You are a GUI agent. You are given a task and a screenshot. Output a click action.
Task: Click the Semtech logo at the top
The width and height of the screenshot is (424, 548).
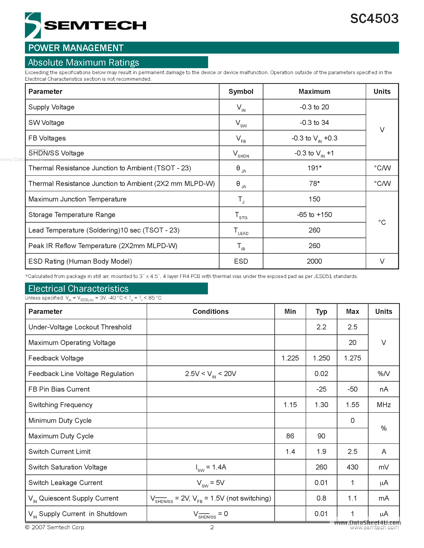[x=85, y=25]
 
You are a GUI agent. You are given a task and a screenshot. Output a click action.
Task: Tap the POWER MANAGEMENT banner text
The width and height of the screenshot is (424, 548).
[x=76, y=48]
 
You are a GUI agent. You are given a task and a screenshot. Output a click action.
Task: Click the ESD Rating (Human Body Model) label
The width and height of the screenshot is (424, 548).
[x=80, y=261]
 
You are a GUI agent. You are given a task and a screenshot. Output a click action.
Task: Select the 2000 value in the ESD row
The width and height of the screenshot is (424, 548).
[x=314, y=261]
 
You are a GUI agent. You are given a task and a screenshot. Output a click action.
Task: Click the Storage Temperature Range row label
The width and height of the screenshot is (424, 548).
[x=72, y=215]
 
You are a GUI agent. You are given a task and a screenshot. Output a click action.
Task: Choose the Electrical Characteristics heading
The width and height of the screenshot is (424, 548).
[x=78, y=289]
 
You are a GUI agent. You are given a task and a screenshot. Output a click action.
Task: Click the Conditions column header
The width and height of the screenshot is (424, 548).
[x=211, y=312]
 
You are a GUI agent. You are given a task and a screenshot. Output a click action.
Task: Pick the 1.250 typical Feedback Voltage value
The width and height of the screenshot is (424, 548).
[x=321, y=358]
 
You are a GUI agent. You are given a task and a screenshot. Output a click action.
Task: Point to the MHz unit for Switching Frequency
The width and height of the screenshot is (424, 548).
[x=383, y=405]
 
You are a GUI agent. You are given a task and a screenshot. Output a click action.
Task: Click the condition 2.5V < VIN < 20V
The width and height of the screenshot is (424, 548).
[x=211, y=374]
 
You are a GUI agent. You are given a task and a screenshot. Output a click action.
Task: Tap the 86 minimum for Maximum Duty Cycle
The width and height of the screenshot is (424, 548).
[x=290, y=436]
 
